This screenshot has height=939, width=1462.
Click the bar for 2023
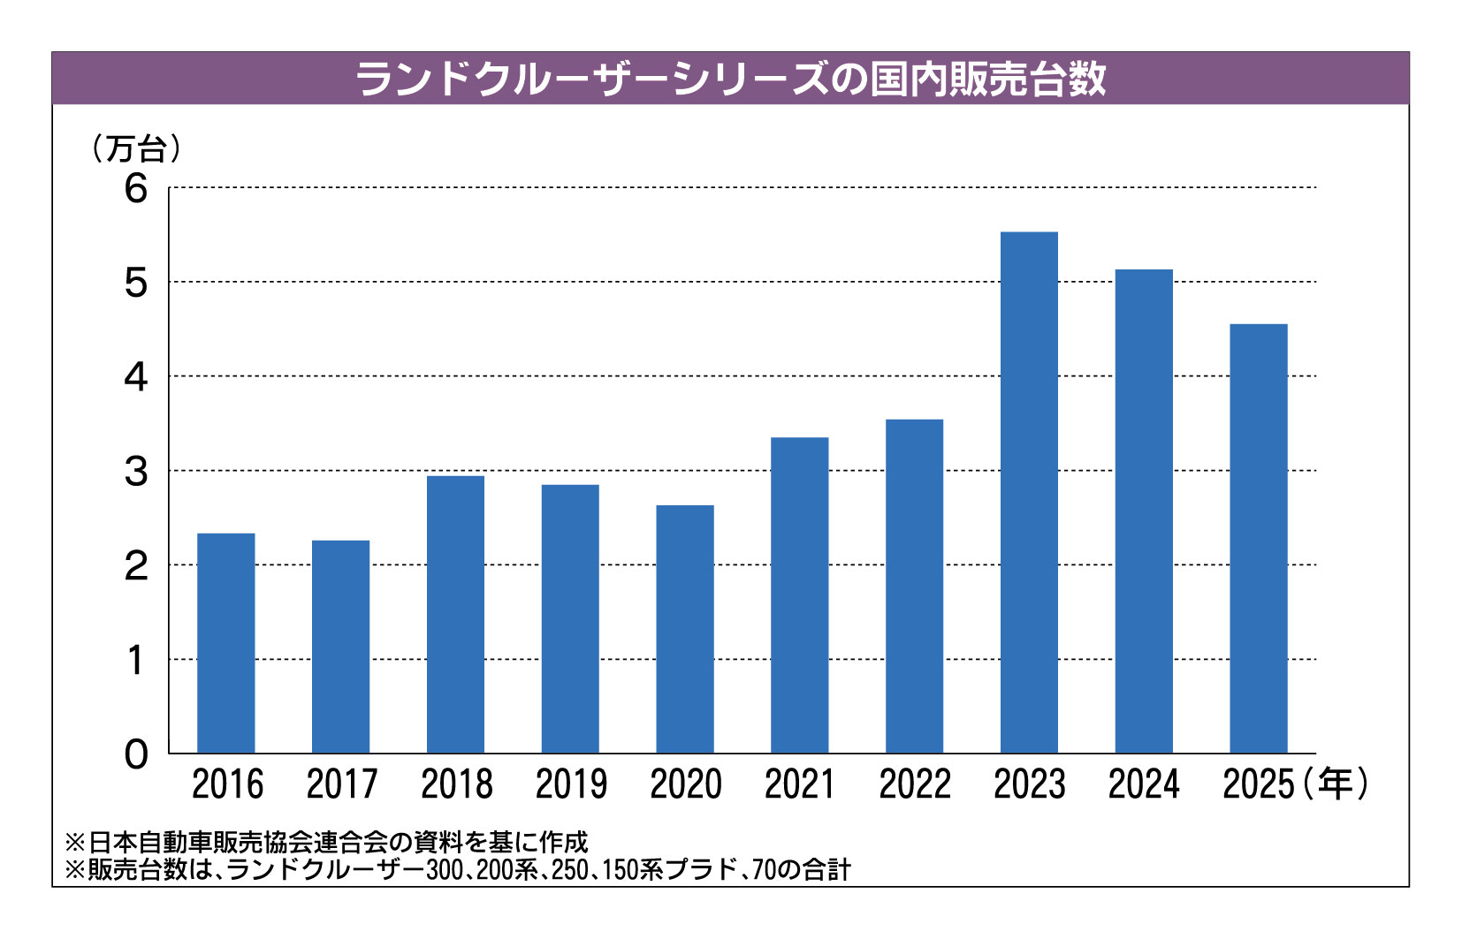[x=1029, y=493]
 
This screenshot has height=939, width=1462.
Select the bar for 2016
[x=225, y=644]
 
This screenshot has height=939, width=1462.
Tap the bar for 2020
[x=685, y=629]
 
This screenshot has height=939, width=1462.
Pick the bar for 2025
[x=1259, y=539]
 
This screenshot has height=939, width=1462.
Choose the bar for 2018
[x=455, y=615]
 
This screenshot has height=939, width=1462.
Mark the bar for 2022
[x=914, y=587]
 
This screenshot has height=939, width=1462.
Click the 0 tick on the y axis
[x=136, y=755]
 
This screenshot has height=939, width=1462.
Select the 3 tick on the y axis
[x=136, y=472]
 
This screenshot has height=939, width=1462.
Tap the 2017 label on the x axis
[x=341, y=784]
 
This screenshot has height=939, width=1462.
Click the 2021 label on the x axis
[x=800, y=784]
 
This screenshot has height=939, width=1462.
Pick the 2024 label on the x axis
[x=1144, y=784]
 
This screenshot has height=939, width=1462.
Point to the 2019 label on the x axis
[x=571, y=784]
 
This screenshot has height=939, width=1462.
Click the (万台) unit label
[x=136, y=148]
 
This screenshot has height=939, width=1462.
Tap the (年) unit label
[x=1334, y=784]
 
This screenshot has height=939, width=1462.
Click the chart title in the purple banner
[x=730, y=79]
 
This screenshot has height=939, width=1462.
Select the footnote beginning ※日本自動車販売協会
[x=326, y=842]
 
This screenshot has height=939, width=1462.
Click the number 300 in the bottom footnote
[x=441, y=870]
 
